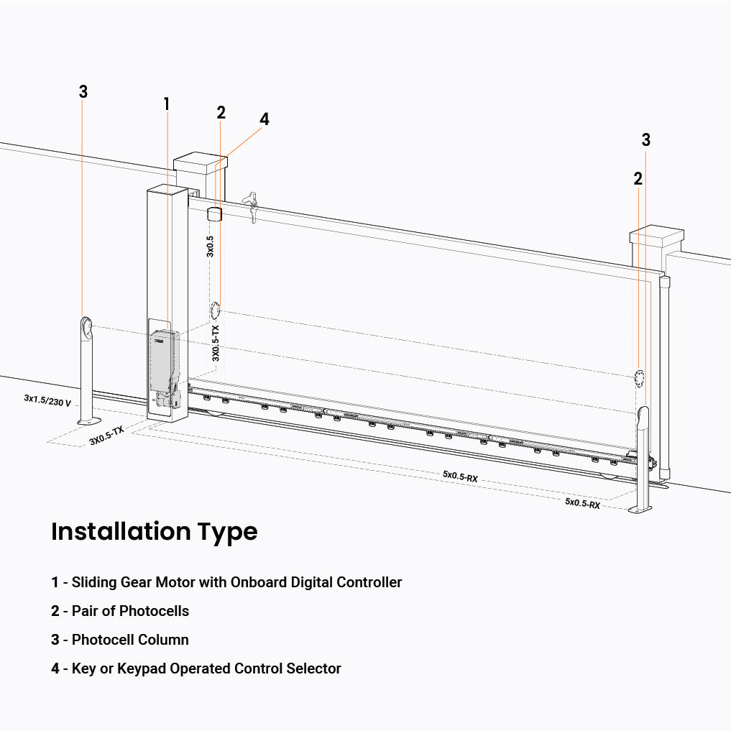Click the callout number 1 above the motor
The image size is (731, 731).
click(x=167, y=104)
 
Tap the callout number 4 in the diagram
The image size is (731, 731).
click(x=265, y=119)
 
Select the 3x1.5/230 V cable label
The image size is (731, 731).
click(x=47, y=400)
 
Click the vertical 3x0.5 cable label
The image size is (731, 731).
click(x=210, y=246)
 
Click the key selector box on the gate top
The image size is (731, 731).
click(x=213, y=213)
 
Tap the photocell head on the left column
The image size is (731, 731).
click(x=86, y=327)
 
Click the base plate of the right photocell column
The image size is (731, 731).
click(x=640, y=509)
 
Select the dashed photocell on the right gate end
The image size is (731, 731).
click(x=638, y=377)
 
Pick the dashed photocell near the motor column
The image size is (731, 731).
click(x=215, y=311)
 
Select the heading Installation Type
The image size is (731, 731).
click(x=154, y=532)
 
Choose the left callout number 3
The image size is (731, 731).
click(x=83, y=92)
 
